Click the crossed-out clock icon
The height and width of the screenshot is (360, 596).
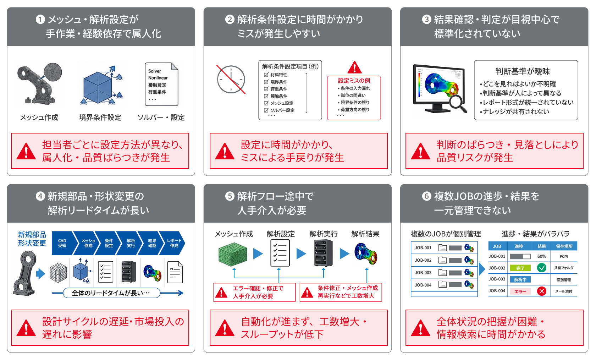coord(231,80)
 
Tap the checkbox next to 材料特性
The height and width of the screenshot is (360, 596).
coord(266,75)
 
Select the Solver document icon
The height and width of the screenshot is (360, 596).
coord(161,84)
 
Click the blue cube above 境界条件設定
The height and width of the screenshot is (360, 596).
coord(98,87)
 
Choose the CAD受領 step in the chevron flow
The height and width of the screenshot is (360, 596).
coord(62,243)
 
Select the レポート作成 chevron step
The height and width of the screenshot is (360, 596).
coord(174,243)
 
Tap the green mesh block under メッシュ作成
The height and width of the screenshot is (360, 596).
coord(233,254)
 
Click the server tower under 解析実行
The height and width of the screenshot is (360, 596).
coord(324,253)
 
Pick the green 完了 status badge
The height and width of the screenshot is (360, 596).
coord(520,268)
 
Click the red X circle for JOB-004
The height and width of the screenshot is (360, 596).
coord(541,291)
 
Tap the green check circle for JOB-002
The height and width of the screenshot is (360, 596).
coord(541,268)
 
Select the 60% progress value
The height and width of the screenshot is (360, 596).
coord(541,256)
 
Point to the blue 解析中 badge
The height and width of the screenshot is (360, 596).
coord(520,280)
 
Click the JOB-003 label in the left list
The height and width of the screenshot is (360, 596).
coord(423,273)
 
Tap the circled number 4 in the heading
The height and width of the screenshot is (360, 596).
coord(40,197)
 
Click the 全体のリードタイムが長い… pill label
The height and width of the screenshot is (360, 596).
coord(111,293)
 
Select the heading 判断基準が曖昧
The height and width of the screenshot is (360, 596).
coord(523,71)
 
